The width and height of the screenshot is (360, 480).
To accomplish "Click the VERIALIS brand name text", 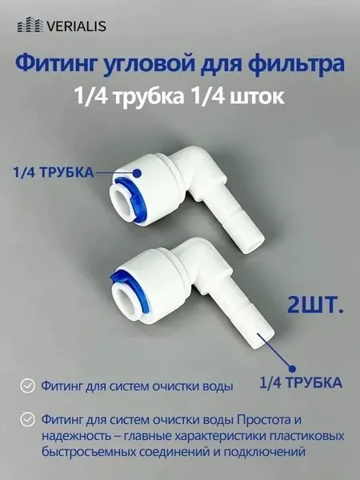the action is coord(77,26).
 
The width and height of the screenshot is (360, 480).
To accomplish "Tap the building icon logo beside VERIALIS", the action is coord(30,25).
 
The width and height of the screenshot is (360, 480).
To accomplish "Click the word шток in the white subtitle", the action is coord(261,97).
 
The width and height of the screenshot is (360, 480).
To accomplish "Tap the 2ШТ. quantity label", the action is coord(315,305).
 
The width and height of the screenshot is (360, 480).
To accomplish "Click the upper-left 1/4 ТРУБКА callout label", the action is coord(54,173).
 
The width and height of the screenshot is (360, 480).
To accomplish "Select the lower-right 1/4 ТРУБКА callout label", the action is coord(301,382).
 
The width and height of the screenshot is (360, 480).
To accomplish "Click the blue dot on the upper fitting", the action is coord(137,174).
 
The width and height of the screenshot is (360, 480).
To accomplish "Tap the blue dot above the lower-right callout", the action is coord(293,369).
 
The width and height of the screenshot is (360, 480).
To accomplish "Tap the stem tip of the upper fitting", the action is coord(254,245).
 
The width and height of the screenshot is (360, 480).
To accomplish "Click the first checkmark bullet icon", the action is coord(27,386).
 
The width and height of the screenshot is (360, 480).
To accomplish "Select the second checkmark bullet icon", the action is coord(27,419).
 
